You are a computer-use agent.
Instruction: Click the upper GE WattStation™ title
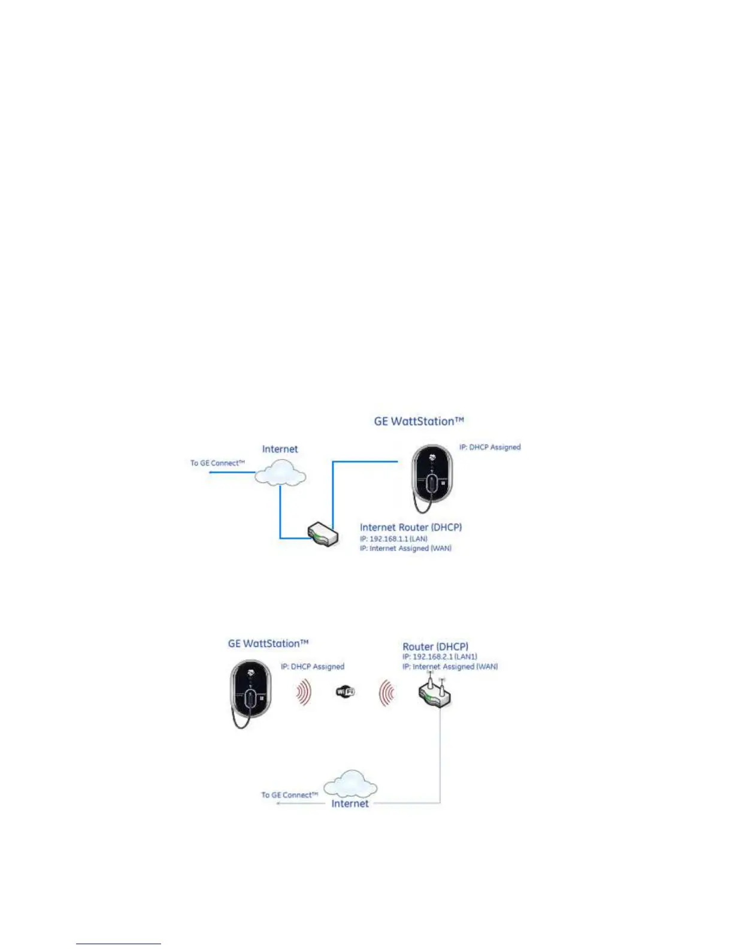click(x=419, y=421)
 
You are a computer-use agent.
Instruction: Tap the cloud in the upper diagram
click(x=280, y=473)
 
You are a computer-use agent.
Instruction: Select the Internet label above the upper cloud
click(x=280, y=449)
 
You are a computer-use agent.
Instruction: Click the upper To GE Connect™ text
click(x=217, y=463)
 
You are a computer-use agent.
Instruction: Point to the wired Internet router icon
click(x=323, y=534)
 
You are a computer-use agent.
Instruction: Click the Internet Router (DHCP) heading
click(x=411, y=527)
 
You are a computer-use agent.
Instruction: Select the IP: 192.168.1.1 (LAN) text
click(x=393, y=539)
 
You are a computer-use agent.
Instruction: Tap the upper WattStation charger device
click(x=431, y=473)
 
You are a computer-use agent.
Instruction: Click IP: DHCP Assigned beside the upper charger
click(x=490, y=447)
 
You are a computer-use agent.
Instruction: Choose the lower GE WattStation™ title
click(x=268, y=643)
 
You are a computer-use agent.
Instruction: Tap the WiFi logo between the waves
click(x=346, y=692)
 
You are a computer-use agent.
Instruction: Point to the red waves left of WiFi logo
click(x=304, y=693)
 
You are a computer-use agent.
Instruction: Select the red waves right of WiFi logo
click(x=386, y=693)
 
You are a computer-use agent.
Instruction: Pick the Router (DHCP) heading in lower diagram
click(x=435, y=646)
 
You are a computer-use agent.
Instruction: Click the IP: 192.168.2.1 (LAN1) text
click(x=440, y=657)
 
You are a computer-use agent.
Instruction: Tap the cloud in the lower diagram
click(x=350, y=784)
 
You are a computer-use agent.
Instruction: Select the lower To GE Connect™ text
click(x=289, y=795)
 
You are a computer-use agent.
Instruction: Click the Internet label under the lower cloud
click(x=350, y=803)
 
